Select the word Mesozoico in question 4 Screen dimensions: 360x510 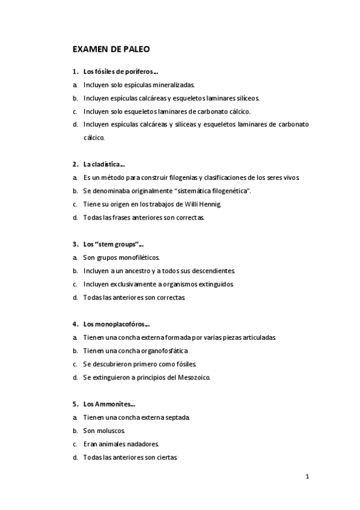click(x=191, y=377)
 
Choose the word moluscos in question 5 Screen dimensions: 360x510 click(x=110, y=430)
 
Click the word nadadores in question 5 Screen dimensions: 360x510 click(x=141, y=444)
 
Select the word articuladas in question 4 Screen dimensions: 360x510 click(x=257, y=337)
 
